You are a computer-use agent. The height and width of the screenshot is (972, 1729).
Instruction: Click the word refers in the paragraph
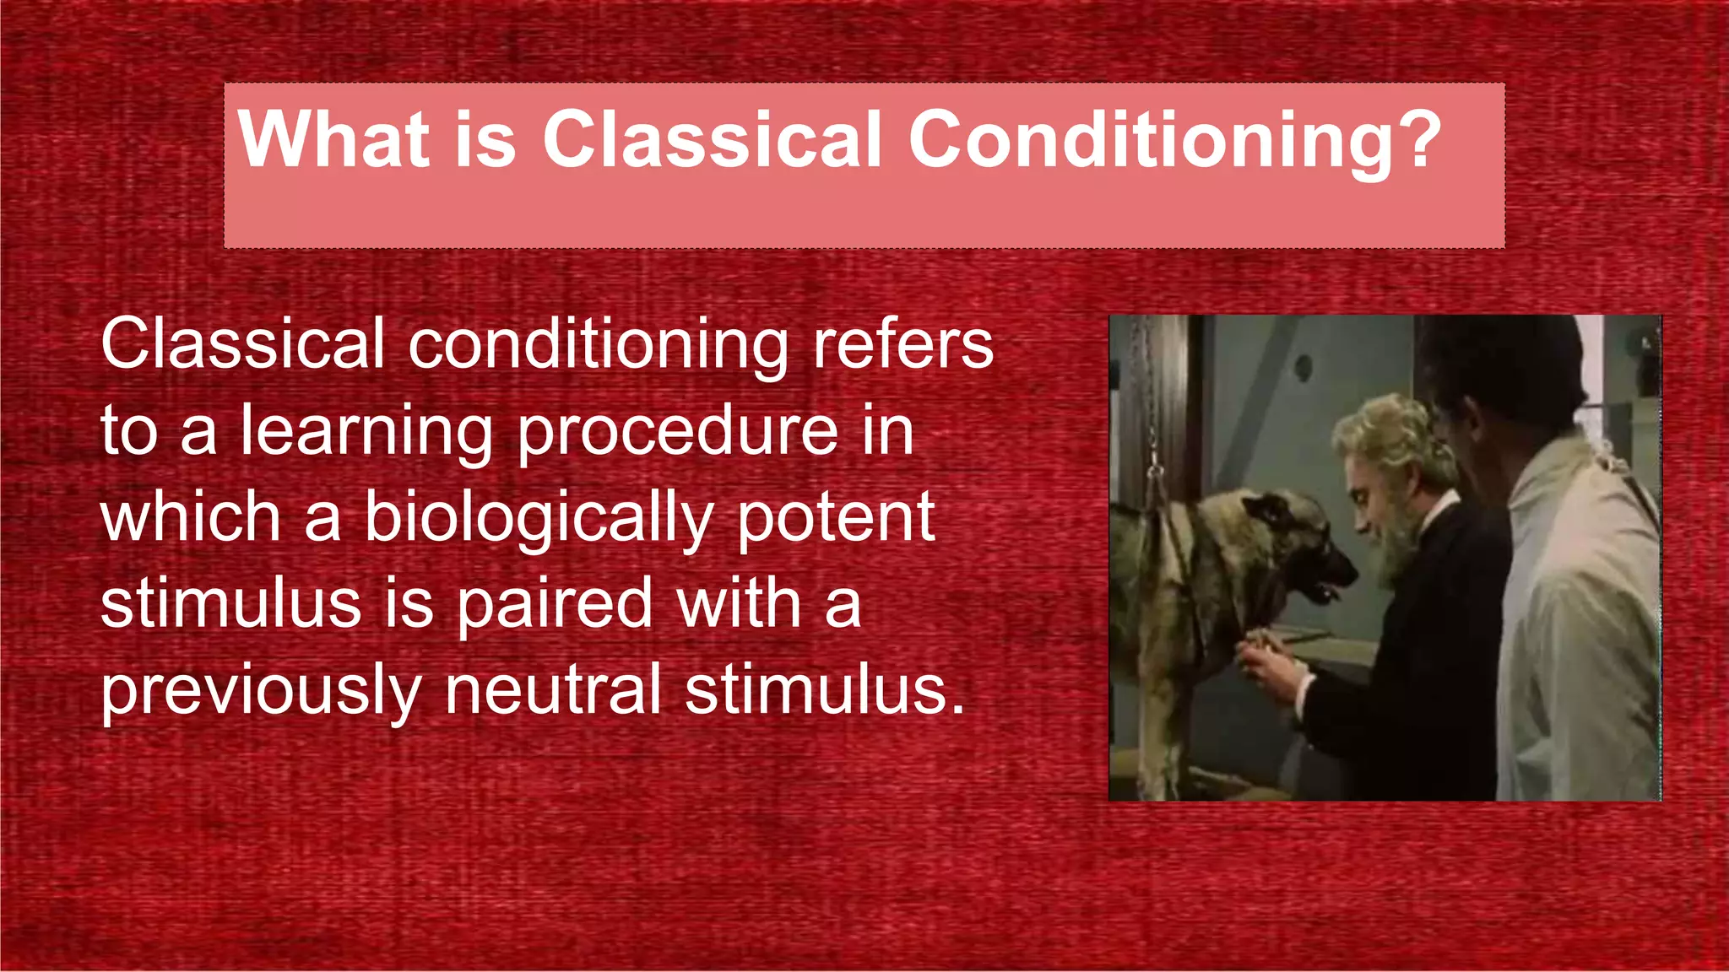click(x=902, y=344)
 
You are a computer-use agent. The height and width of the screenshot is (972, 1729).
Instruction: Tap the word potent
click(x=836, y=518)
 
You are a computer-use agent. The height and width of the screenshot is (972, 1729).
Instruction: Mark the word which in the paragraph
click(x=190, y=518)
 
